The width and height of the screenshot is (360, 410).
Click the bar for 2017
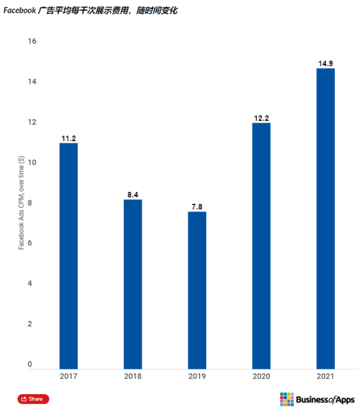[68, 256]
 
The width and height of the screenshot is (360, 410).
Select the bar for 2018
[133, 284]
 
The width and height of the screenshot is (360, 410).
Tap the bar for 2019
[197, 290]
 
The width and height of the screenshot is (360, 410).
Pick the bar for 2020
[261, 246]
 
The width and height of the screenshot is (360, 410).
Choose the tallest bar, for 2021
[325, 219]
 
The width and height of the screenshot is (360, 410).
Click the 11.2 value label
[68, 138]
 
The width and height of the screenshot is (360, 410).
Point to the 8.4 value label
[133, 195]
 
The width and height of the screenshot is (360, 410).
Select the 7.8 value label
[197, 207]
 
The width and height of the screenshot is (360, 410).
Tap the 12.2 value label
[261, 118]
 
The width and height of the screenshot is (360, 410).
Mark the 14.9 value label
[325, 63]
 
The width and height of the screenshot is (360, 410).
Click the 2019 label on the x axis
[197, 376]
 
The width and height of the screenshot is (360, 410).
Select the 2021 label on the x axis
[325, 376]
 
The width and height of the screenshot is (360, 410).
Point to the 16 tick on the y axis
[32, 41]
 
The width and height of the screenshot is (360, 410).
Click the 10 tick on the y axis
[32, 162]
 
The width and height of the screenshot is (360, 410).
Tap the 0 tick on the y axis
[30, 364]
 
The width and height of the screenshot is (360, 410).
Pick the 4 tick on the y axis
[30, 284]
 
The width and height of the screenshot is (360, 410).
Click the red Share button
[33, 399]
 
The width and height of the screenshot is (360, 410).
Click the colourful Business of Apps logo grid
[287, 399]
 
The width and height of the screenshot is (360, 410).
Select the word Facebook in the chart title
[20, 10]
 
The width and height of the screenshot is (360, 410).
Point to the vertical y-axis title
[21, 203]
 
